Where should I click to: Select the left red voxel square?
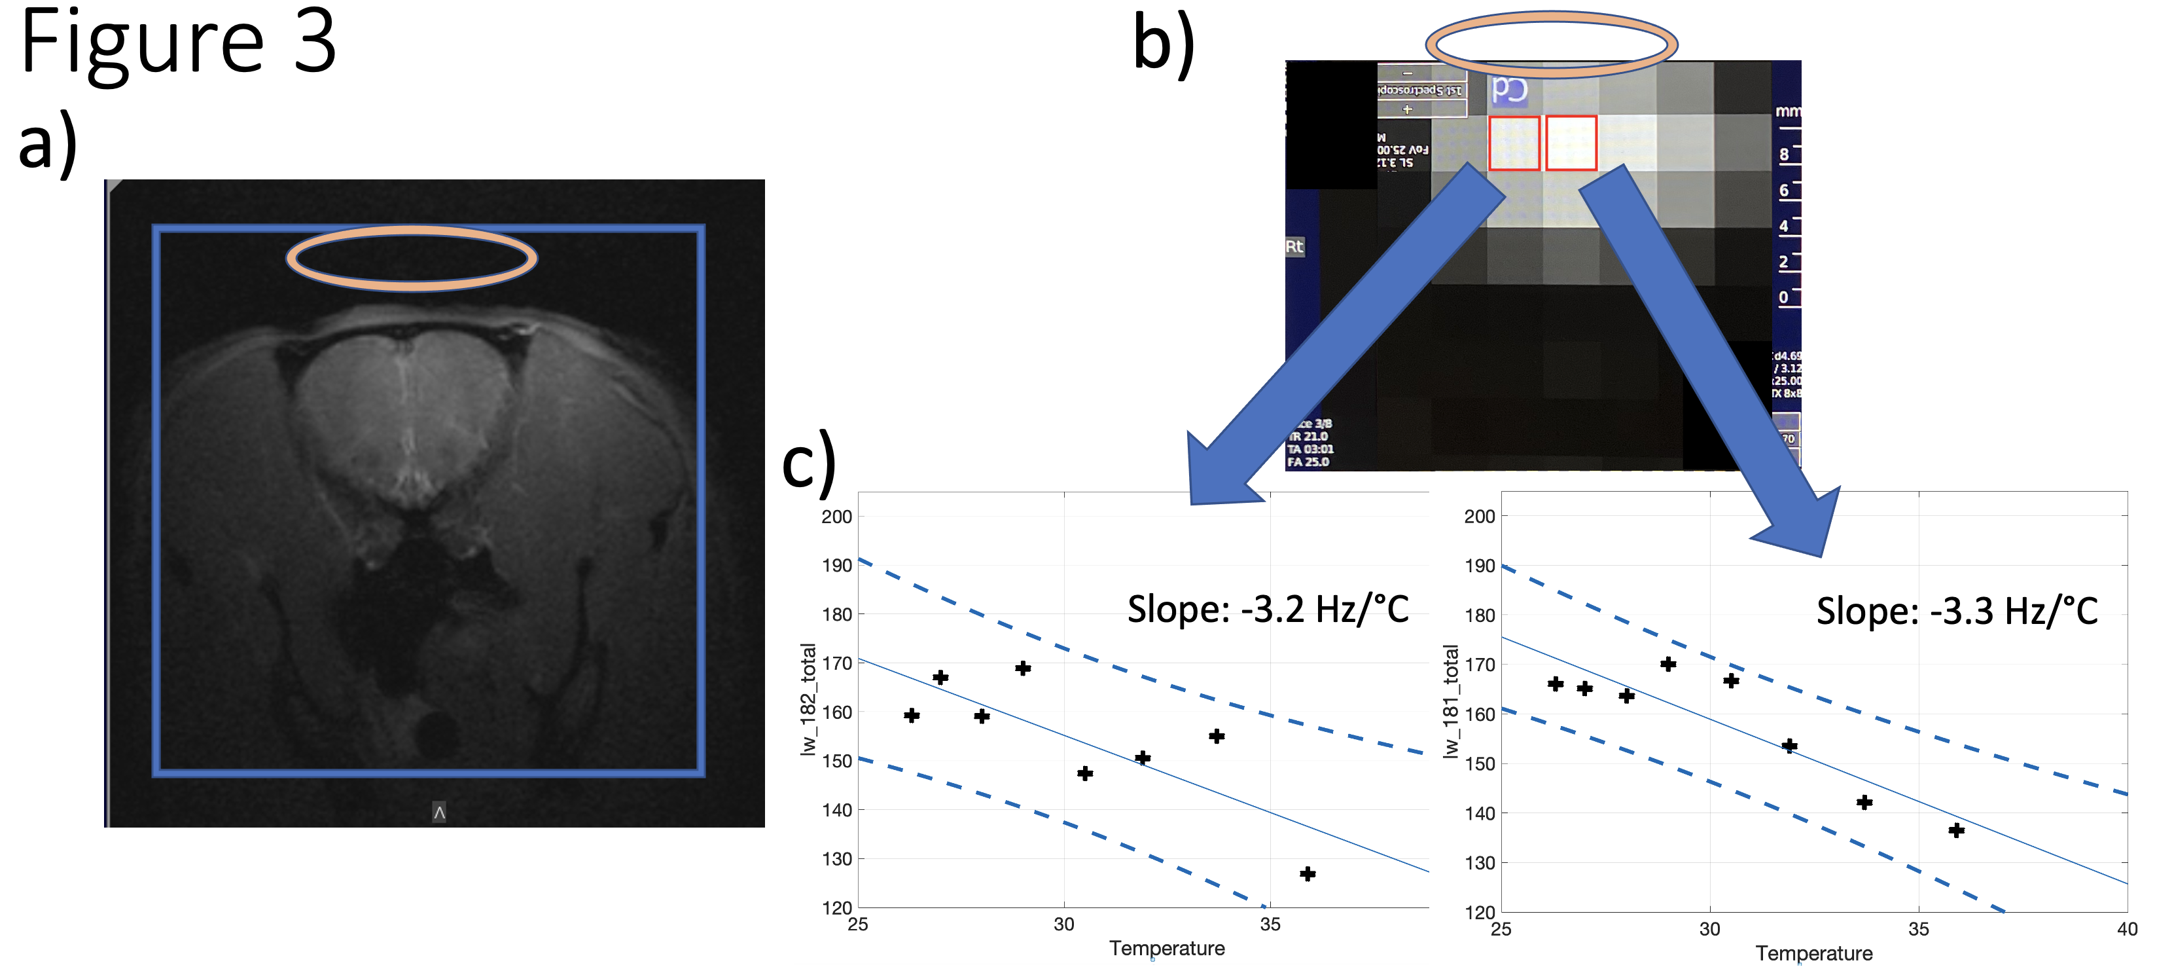tap(1514, 143)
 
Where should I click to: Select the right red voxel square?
tap(1571, 143)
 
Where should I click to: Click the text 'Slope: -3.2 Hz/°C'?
tap(1268, 609)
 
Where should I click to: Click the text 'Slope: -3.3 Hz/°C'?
tap(1956, 610)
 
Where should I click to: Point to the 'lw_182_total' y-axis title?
tap(808, 699)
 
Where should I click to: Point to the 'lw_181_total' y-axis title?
tap(1451, 701)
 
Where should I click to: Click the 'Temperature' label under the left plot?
tap(1166, 948)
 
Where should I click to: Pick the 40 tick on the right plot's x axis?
tap(2127, 929)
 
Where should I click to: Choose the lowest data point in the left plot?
tap(1308, 873)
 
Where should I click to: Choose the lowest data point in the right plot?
tap(1956, 831)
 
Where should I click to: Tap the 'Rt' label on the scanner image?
tap(1294, 246)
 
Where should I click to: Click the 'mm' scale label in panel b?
tap(1787, 111)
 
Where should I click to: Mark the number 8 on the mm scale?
tap(1783, 155)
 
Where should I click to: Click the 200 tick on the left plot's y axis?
tap(836, 517)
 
